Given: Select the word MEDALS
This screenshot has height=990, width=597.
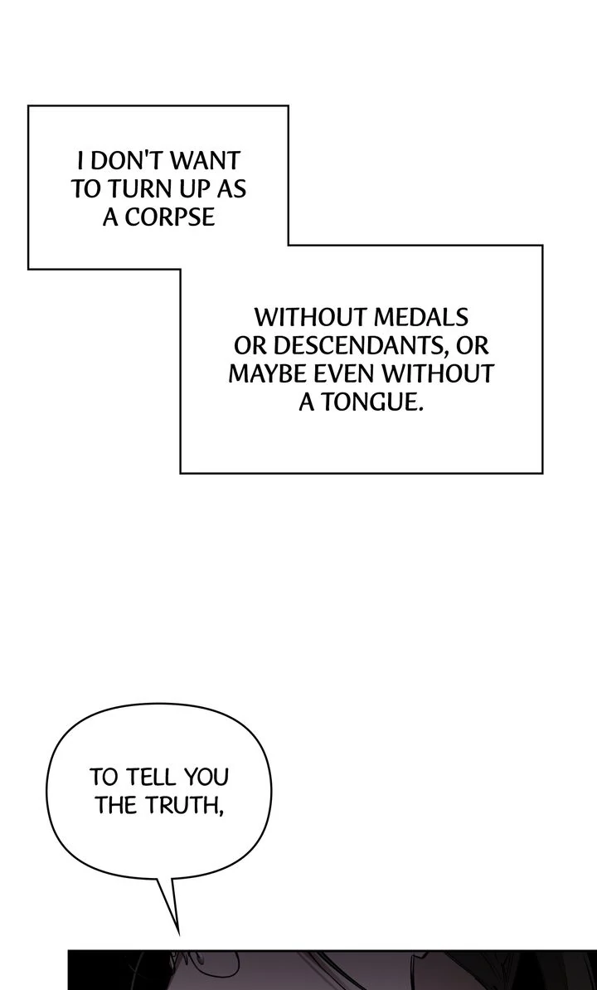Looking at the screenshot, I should coord(421,316).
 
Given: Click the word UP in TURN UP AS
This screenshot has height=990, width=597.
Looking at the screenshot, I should coord(199,188).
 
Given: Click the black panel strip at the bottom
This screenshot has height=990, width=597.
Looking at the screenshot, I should coord(332,971).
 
